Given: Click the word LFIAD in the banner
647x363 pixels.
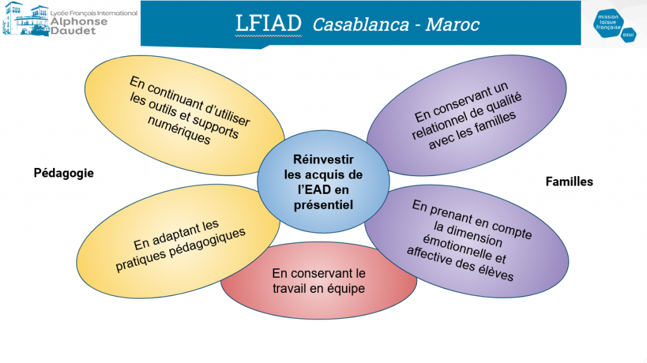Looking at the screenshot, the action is tap(268, 23).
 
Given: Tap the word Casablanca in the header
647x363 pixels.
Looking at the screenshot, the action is tap(361, 25).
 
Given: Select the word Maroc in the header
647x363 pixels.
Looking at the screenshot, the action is tap(452, 25).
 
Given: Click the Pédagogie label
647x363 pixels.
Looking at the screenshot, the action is tap(64, 173).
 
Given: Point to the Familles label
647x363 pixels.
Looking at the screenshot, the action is tap(569, 182).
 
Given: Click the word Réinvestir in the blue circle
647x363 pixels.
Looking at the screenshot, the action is tap(323, 159).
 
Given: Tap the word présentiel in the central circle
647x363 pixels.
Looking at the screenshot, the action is tap(323, 205).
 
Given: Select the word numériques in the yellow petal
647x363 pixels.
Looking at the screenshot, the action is tap(179, 130).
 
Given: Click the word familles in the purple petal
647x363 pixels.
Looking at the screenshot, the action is tap(493, 122).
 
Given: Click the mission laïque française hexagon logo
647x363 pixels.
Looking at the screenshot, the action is tap(608, 23).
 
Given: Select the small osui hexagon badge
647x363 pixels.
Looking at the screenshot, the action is tap(628, 35).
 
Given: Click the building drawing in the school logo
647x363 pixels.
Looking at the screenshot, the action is tap(25, 19).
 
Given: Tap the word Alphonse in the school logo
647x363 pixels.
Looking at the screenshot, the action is tap(79, 22).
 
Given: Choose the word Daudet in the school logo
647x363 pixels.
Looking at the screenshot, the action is tap(73, 31).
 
